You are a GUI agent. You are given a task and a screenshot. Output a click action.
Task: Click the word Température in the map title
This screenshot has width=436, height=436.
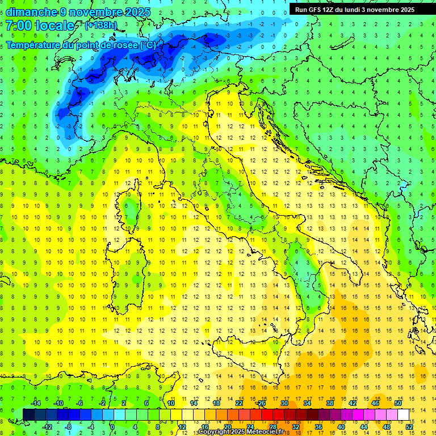[x=35, y=45]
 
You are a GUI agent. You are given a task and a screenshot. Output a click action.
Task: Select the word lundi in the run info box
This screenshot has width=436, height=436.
[x=353, y=10]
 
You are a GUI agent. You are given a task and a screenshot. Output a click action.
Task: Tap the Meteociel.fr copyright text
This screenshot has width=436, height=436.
[x=244, y=432]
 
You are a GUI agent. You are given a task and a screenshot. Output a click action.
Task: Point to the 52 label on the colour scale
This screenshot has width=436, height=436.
[x=409, y=427]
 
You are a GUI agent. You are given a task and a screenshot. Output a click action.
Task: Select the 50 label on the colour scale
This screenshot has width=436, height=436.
[x=398, y=403]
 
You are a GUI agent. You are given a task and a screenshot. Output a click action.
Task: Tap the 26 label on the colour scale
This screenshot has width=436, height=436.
[x=261, y=403]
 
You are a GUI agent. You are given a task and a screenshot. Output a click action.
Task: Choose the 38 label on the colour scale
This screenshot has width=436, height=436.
[x=329, y=403]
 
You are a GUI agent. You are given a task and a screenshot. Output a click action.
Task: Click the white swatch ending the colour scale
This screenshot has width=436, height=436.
[x=403, y=414]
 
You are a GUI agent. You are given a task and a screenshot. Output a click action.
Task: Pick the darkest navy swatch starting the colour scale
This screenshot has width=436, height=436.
[x=28, y=414]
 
